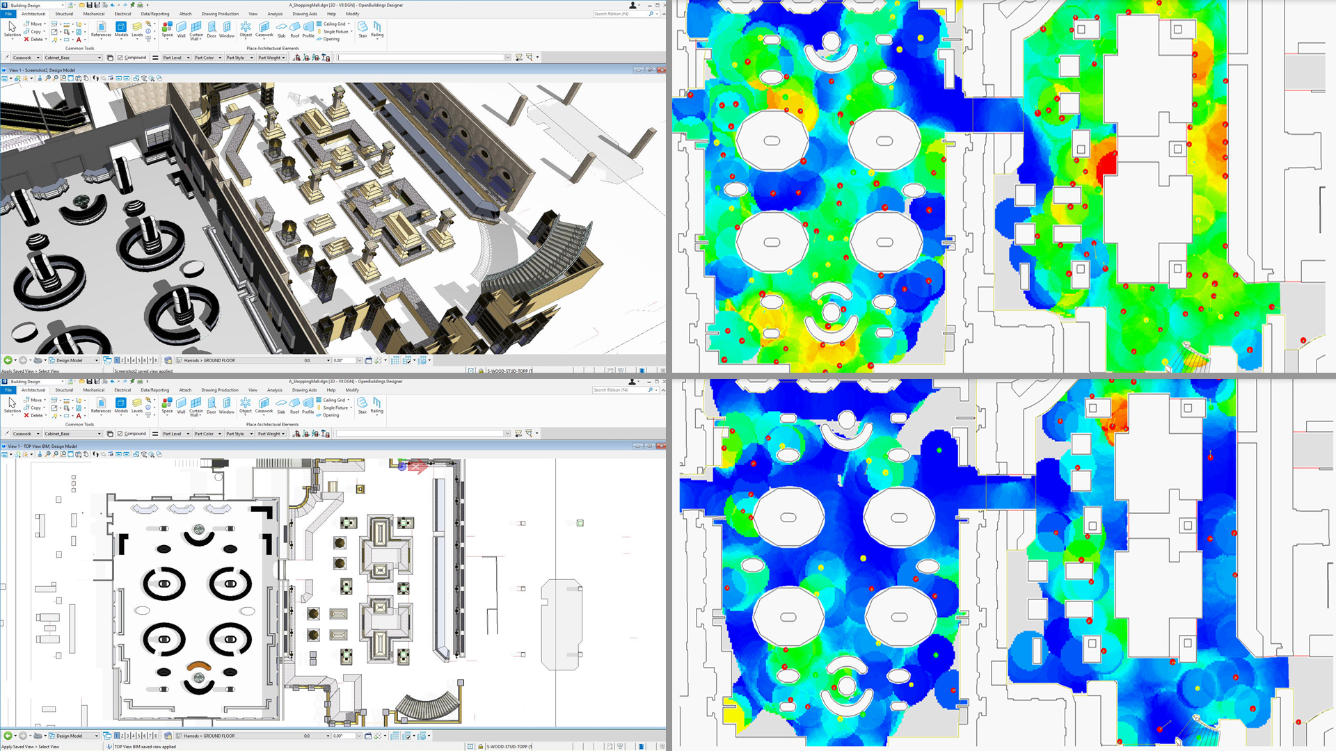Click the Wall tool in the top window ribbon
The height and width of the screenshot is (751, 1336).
point(181,29)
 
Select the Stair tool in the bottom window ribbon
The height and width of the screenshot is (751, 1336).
point(362,405)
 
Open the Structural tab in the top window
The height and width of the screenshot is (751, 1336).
point(64,14)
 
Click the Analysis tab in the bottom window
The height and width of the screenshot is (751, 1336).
point(275,390)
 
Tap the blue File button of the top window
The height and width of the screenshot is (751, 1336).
point(8,14)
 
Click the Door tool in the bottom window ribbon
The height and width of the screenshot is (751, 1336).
point(212,405)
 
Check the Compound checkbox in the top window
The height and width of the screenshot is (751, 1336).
point(120,58)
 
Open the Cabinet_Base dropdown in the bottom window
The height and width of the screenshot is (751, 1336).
point(72,434)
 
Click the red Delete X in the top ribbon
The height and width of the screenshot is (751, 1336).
point(26,40)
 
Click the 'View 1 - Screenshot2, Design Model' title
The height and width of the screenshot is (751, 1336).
point(42,70)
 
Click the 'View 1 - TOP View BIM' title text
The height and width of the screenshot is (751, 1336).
point(42,446)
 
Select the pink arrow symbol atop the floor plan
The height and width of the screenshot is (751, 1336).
point(417,467)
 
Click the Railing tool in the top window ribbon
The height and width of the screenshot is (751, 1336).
point(376,29)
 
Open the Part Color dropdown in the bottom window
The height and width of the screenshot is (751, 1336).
point(207,434)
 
